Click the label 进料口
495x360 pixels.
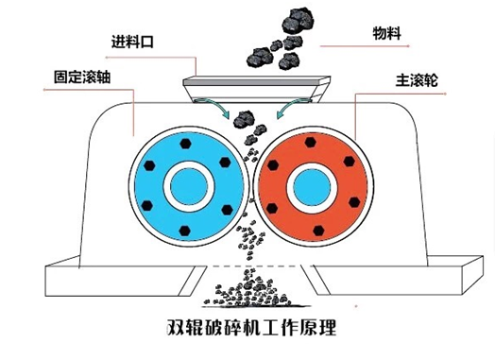coord(132,42)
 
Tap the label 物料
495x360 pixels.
coord(387,33)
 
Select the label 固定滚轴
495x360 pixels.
coord(82,77)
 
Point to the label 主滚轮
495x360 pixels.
coord(417,80)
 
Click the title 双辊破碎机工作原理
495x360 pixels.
coord(251,328)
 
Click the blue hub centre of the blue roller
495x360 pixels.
coord(189,186)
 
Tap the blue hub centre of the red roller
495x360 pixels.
coord(312,187)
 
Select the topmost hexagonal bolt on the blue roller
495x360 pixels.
coord(185,144)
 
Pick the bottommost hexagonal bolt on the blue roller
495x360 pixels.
coord(184,231)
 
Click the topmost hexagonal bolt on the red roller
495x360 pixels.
coord(311,143)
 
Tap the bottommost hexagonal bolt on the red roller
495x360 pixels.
coord(319,231)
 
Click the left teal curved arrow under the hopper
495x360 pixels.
coord(215,108)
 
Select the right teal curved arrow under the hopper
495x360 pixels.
coord(291,108)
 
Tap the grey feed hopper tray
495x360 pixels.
coord(256,89)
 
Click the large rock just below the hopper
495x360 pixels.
coord(244,119)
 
